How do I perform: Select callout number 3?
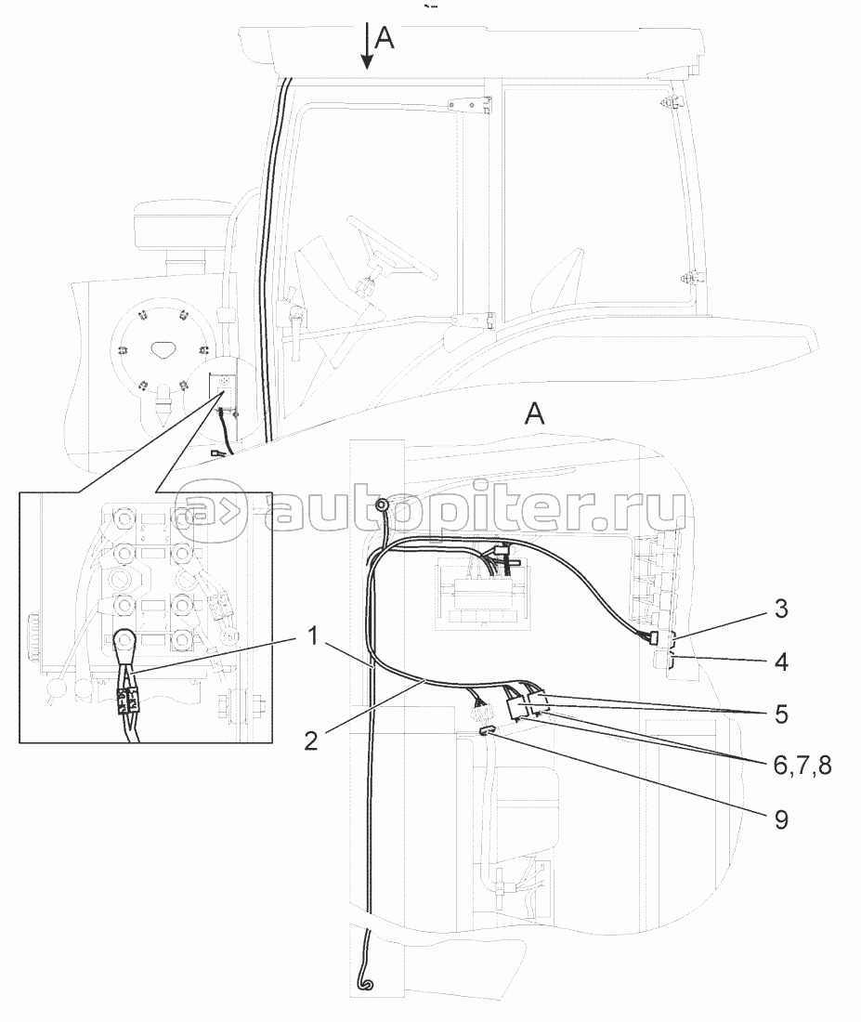(x=781, y=609)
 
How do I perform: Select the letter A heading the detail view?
(x=534, y=415)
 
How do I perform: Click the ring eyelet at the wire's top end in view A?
(x=381, y=505)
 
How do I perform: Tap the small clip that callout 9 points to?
(x=486, y=733)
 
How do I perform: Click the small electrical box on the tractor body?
(x=223, y=386)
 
